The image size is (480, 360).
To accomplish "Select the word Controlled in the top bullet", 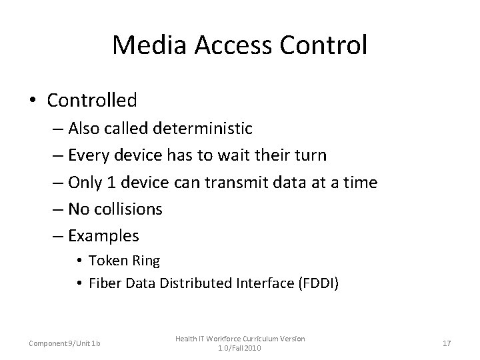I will click(x=92, y=101).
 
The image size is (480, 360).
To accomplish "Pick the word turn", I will click(x=311, y=156).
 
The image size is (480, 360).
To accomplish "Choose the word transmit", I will click(x=227, y=183).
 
